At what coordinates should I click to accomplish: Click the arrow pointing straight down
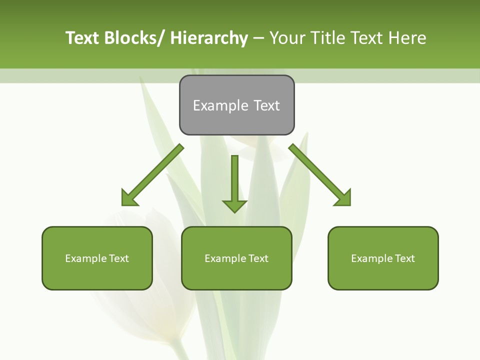[234, 182]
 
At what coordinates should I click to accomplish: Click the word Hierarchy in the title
[209, 38]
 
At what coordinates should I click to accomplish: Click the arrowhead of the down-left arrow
[128, 198]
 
